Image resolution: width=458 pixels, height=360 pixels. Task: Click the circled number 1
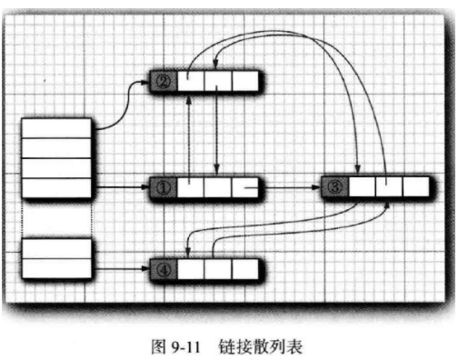pos(164,188)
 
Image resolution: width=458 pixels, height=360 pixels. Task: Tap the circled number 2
pos(164,81)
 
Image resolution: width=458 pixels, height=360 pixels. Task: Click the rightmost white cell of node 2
pos(245,81)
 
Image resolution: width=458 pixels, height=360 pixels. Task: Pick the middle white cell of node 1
pos(218,188)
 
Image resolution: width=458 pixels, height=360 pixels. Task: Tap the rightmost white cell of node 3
pos(415,188)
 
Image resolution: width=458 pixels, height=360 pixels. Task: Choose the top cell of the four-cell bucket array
pos(56,127)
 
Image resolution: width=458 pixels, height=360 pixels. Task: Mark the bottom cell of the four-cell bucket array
pos(56,188)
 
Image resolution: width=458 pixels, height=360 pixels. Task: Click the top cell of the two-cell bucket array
pos(56,247)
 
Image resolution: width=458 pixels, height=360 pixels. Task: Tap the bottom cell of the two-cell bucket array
pos(56,268)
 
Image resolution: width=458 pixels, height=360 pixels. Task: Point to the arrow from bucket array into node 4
pos(121,268)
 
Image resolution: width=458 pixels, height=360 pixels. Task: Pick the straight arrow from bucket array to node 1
pos(121,188)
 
